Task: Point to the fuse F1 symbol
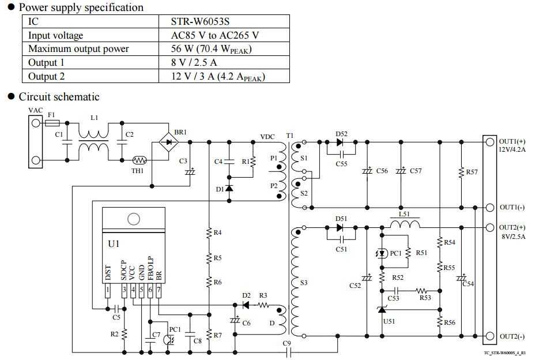[52, 123]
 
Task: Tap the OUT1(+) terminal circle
[489, 141]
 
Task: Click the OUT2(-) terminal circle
[489, 336]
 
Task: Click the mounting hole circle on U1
[133, 219]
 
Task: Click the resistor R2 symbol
[124, 334]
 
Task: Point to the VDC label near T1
[267, 137]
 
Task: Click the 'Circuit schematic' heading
[59, 97]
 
